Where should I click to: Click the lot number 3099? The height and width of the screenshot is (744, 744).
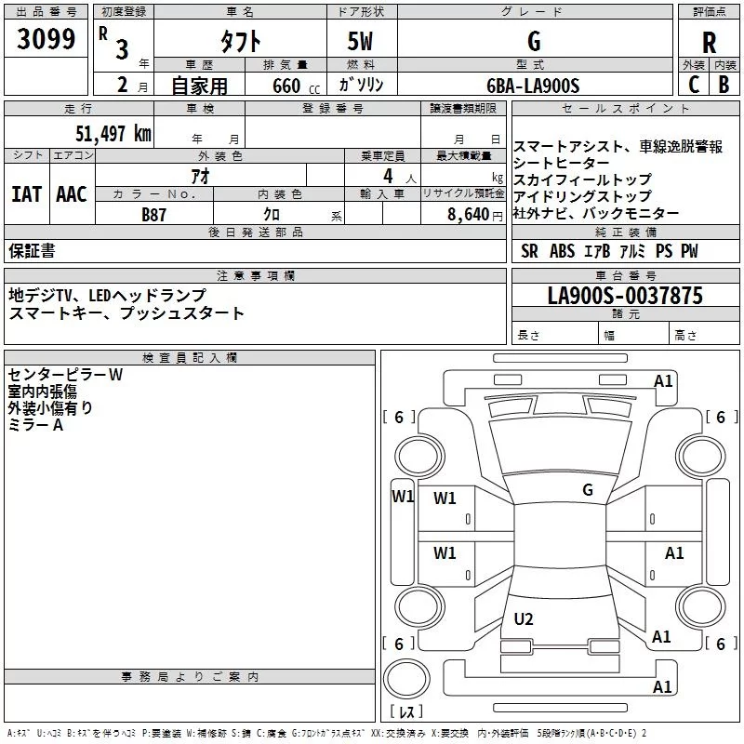(x=47, y=40)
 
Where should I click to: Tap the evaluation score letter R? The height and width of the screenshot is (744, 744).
(x=709, y=43)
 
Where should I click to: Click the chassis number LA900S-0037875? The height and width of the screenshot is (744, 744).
(x=625, y=297)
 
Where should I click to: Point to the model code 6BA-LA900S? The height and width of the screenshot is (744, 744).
(x=533, y=86)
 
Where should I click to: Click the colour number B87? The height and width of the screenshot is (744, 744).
(x=154, y=214)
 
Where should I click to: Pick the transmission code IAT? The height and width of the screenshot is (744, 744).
(x=26, y=194)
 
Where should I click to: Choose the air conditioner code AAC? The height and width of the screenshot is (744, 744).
(x=72, y=194)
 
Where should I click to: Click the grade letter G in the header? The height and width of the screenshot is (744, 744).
(x=533, y=42)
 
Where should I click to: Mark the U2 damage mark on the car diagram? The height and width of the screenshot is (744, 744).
(x=524, y=618)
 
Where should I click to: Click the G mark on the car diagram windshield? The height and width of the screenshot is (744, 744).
(x=588, y=489)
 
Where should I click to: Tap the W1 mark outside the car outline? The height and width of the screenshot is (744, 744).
(x=403, y=496)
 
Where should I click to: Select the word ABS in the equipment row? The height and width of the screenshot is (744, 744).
(x=562, y=251)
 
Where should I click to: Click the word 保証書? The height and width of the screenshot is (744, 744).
(x=32, y=251)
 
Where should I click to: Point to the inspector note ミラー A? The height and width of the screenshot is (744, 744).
(x=35, y=425)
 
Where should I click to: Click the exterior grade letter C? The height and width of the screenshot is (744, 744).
(x=693, y=86)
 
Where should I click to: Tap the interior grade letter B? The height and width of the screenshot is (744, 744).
(x=724, y=86)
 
